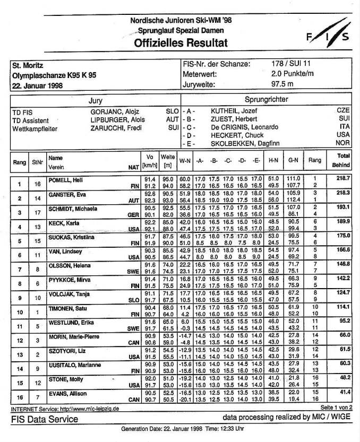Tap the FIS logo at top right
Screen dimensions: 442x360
pos(327,36)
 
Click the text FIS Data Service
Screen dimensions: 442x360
pos(45,419)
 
